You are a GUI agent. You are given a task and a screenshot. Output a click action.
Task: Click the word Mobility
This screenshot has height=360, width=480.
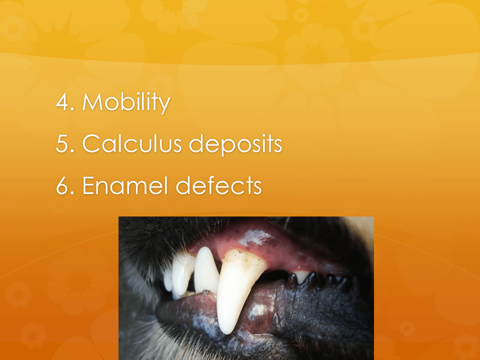[126, 102]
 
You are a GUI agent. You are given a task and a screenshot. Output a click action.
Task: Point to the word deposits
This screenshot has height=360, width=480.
[235, 144]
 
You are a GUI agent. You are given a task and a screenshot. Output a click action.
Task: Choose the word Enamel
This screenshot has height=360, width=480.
[125, 185]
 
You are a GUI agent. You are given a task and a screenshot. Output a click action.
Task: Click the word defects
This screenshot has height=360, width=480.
[218, 185]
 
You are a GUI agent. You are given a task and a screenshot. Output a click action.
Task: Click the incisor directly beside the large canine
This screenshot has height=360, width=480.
[206, 269]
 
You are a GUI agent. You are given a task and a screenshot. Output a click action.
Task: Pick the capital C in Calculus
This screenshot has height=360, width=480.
[92, 143]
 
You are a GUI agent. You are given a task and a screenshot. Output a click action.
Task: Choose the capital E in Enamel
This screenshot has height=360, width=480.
[89, 185]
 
